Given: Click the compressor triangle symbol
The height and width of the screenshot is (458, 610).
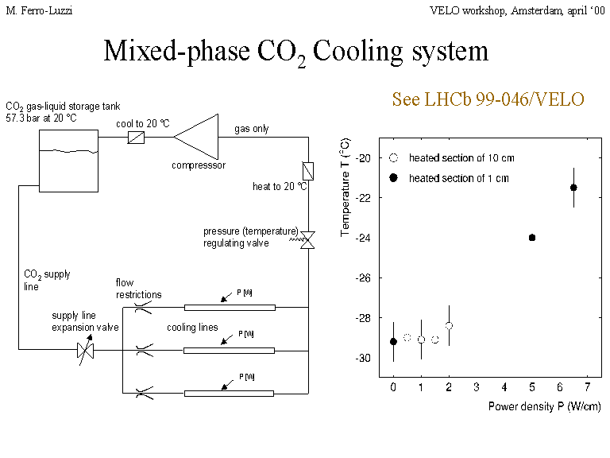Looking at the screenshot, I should [199, 137].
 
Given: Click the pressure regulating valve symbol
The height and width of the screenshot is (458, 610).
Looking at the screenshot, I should [307, 239].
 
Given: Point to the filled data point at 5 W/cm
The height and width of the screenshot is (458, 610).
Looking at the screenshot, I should [532, 238].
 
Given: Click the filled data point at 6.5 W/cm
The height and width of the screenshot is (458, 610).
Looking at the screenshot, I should [573, 188].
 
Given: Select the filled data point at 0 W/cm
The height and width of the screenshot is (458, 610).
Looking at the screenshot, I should [393, 341].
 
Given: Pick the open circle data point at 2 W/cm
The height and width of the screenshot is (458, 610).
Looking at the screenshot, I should [449, 326].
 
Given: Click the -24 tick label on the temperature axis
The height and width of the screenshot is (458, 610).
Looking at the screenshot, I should [369, 238].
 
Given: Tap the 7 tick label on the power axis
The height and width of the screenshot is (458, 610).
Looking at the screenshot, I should [588, 386].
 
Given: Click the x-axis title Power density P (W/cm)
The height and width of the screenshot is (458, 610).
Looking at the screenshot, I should [544, 406].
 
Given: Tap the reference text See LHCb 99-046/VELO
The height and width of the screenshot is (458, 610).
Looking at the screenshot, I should [488, 99].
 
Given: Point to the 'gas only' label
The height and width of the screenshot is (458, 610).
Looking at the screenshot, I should [251, 129].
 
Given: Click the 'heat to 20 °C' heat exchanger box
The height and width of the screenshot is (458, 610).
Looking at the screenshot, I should [307, 171].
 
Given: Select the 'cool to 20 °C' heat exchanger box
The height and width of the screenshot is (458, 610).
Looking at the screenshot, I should [136, 138].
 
